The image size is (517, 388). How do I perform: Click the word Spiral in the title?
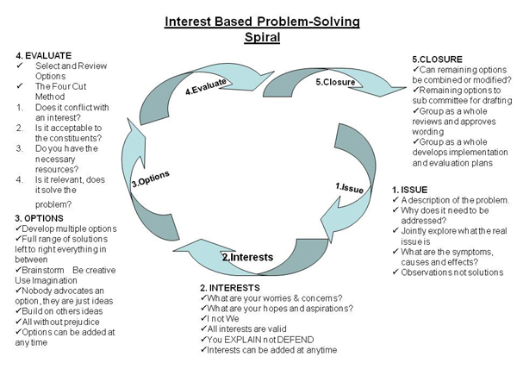(262, 36)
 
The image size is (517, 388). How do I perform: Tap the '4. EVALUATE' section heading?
(44, 55)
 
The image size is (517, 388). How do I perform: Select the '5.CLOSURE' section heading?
(437, 59)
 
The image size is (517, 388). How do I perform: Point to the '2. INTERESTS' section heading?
(230, 288)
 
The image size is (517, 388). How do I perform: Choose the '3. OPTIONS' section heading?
(39, 218)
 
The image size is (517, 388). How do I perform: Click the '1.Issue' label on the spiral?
(350, 188)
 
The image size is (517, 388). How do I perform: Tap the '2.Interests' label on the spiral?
(247, 257)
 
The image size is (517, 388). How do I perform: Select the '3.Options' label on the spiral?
(151, 179)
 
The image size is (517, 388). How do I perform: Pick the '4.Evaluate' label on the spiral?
(206, 86)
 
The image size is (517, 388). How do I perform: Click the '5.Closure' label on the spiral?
(335, 82)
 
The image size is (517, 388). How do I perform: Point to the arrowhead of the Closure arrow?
(406, 88)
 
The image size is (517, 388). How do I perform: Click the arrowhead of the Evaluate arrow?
(274, 72)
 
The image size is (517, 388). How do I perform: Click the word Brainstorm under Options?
(43, 270)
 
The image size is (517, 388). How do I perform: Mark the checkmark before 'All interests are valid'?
(203, 329)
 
